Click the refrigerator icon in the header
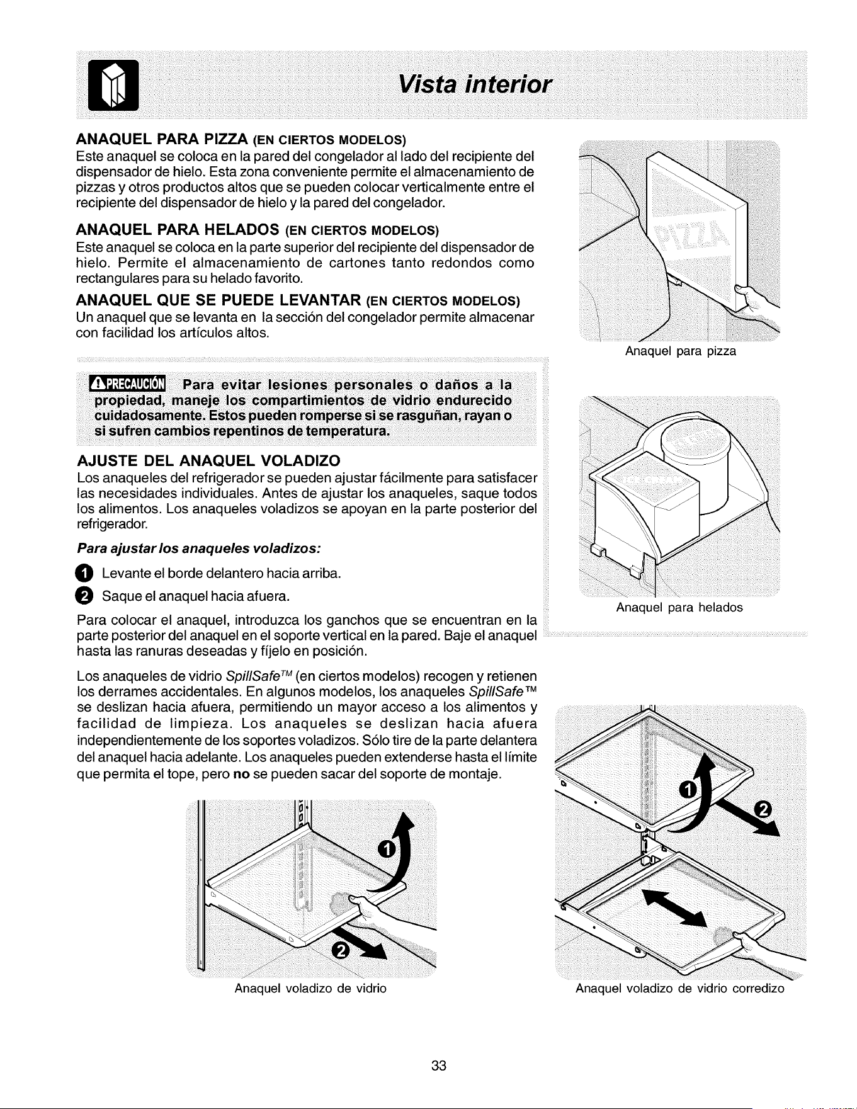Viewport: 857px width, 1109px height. click(x=113, y=84)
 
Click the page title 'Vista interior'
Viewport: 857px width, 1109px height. click(x=477, y=84)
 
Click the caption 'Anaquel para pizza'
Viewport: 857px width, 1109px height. click(x=680, y=351)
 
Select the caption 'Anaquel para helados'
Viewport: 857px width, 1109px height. click(x=679, y=607)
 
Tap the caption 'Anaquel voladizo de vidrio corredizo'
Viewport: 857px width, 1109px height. click(x=680, y=988)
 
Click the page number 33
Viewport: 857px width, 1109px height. click(x=439, y=1066)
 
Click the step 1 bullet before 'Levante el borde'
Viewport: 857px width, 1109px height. click(x=84, y=573)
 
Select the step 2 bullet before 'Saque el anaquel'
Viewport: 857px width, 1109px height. click(x=84, y=595)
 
